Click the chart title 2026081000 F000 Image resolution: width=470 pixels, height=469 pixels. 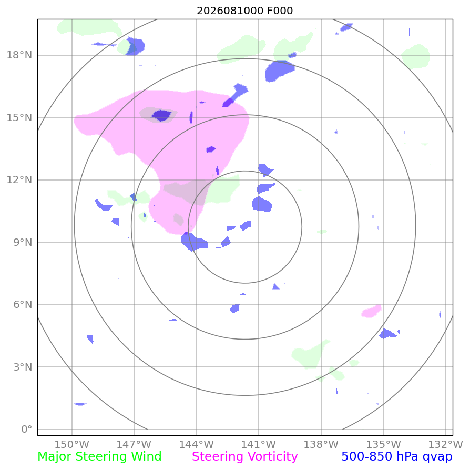coord(244,11)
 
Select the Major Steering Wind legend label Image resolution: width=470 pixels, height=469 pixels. coord(99,456)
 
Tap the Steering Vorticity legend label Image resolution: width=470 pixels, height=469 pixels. coord(245,456)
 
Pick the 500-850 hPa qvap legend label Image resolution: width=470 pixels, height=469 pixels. coord(397,456)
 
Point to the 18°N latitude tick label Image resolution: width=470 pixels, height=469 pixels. coord(19,55)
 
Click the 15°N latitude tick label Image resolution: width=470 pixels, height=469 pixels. coord(19,117)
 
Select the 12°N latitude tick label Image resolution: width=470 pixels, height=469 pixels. coord(19,179)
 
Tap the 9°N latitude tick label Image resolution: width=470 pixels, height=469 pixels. coord(23,242)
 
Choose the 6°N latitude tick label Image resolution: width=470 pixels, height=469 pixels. coord(23,305)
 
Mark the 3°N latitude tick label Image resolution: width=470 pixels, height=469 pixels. coord(23,367)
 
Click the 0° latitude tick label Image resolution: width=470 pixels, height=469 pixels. coord(27,429)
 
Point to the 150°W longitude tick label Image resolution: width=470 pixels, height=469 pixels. coord(71,444)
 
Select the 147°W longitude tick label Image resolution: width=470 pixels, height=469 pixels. coord(134,444)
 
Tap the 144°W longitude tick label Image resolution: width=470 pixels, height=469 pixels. coord(196,444)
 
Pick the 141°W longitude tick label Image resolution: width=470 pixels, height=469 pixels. coord(259,444)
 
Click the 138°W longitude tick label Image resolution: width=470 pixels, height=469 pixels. coord(321,444)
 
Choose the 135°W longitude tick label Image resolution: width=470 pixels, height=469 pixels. coord(383,444)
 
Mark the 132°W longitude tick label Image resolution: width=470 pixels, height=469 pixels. coord(446,444)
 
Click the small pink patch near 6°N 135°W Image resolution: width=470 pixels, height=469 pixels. coord(371,311)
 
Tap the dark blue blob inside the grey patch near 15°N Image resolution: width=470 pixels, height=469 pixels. coord(161,115)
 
